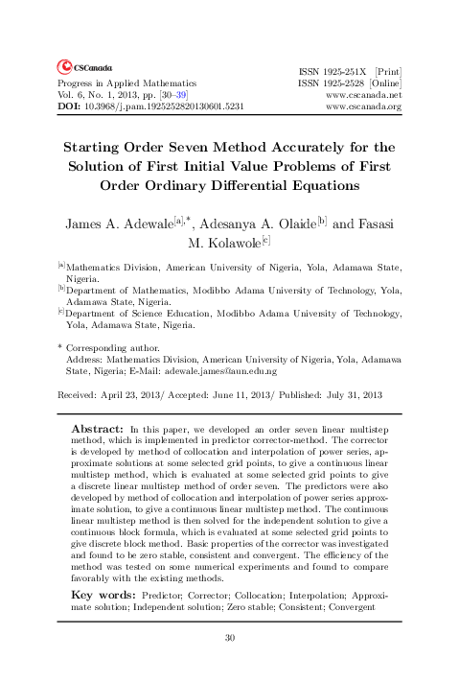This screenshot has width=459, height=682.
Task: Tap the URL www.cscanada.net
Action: [363, 95]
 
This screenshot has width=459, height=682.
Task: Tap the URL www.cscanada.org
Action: [363, 106]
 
